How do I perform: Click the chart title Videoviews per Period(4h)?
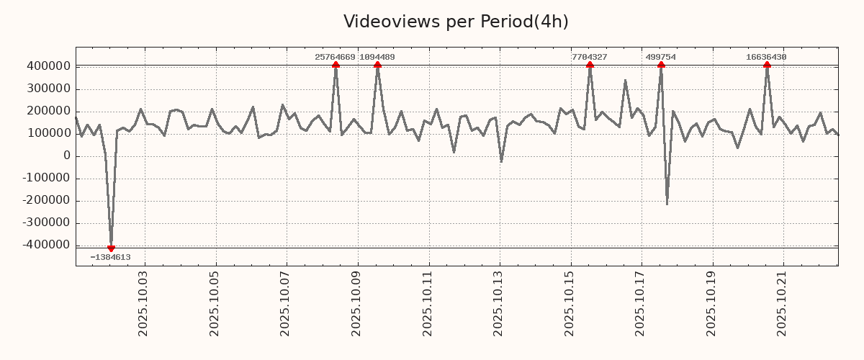point(456,22)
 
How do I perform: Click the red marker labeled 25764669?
point(336,66)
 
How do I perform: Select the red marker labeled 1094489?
point(377,66)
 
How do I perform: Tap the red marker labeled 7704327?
point(590,66)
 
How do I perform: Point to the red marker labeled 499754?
point(661,66)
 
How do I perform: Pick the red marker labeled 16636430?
point(767,66)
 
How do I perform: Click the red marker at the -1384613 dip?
point(111,248)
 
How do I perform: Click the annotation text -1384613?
point(110,257)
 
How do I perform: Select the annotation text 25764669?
point(335,57)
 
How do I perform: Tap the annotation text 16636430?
point(766,57)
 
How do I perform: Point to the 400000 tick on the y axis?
point(48,67)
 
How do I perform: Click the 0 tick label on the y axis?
point(66,156)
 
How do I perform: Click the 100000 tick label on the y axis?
point(48,134)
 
